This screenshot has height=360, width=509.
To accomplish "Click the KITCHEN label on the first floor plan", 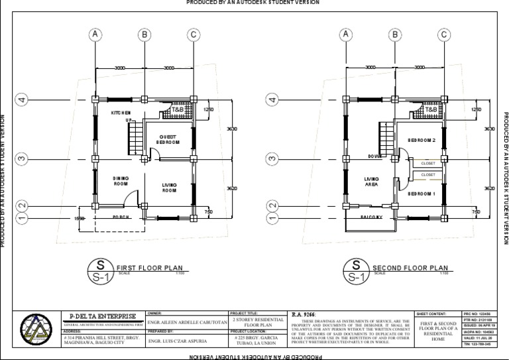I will [121, 113].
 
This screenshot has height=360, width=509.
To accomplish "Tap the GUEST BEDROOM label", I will [166, 139].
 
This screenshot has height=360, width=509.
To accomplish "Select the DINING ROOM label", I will [121, 181].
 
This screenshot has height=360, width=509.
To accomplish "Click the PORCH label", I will [120, 217].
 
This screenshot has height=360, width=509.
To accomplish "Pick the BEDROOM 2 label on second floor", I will [421, 141].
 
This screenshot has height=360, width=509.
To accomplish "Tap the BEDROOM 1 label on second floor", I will [421, 194].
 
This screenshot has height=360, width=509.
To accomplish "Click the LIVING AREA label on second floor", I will [371, 182].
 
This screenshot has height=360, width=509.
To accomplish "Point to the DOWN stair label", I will [376, 156].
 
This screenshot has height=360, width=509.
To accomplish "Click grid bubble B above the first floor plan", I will [144, 34].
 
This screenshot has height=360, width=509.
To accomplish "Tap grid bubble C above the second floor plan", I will [443, 34].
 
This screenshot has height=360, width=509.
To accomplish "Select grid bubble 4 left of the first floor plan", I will [22, 99].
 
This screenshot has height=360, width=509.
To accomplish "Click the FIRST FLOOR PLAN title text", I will [149, 268].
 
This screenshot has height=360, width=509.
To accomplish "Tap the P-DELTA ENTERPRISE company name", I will [103, 315].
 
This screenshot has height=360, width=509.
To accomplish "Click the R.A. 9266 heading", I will [306, 314].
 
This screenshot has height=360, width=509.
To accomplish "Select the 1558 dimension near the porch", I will [80, 217].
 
